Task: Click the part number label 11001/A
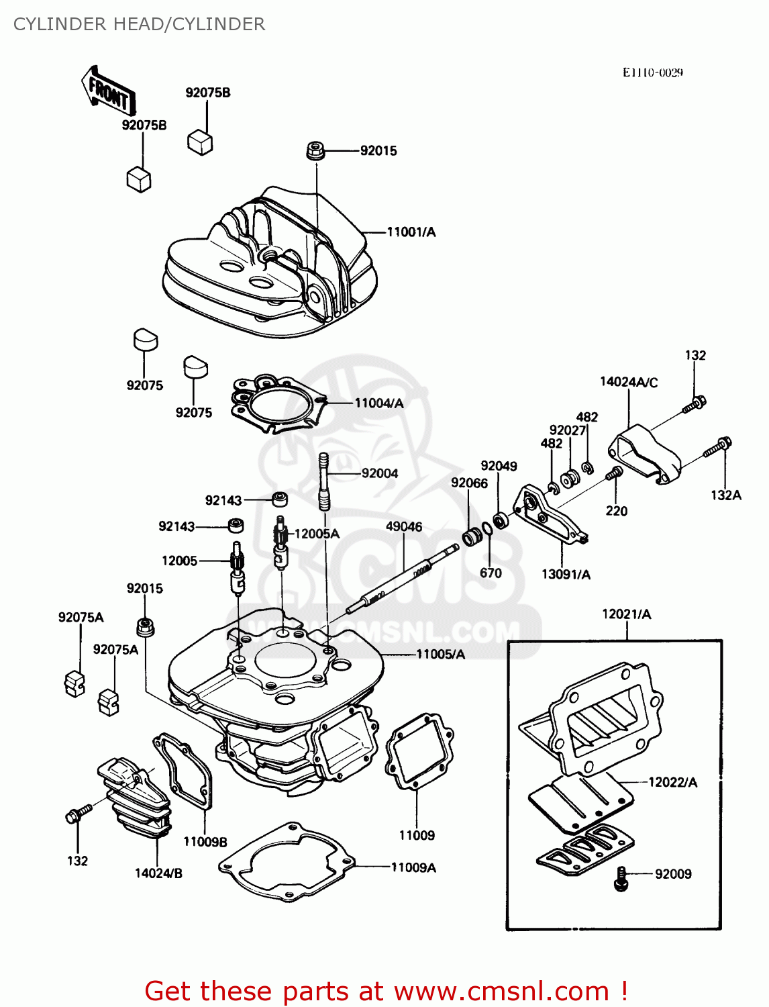point(411,232)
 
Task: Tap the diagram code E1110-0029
point(652,73)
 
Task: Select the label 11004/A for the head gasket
point(378,403)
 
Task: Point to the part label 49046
point(404,527)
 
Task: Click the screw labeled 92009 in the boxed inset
point(621,878)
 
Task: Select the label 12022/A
point(672,782)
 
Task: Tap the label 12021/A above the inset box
point(626,614)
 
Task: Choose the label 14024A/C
point(629,382)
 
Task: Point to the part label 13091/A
point(566,574)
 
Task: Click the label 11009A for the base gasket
point(413,867)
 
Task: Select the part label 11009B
point(205,842)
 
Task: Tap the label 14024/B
point(158,873)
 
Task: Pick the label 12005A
point(317,534)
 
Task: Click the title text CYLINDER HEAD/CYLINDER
point(139,24)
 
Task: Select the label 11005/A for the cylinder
point(440,654)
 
